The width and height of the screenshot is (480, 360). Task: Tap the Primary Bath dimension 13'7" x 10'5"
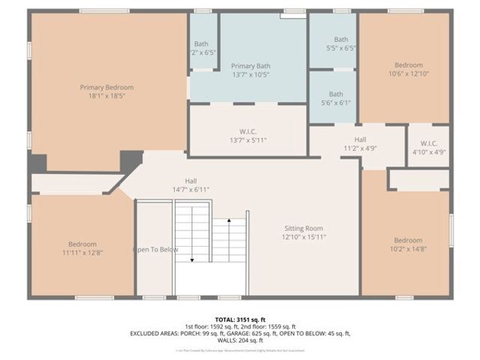point(249,75)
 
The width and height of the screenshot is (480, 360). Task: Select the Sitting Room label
point(303,228)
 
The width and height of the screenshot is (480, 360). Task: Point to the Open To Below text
point(155,250)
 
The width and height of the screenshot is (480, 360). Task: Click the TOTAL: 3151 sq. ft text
point(239,319)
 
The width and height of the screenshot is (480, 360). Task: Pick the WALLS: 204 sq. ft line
point(240,340)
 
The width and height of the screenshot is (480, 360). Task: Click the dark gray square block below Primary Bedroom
point(132,160)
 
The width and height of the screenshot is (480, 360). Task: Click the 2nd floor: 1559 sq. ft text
point(268,326)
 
